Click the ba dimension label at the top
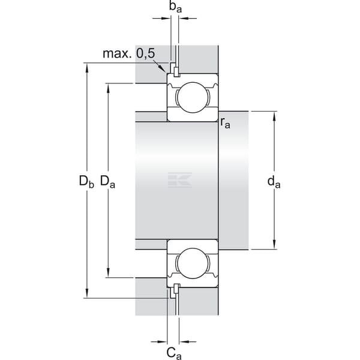pyautogui.click(x=175, y=7)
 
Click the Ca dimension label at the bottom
pyautogui.click(x=174, y=353)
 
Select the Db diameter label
pyautogui.click(x=86, y=181)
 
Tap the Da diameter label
pyautogui.click(x=107, y=181)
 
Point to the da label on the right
pyautogui.click(x=274, y=182)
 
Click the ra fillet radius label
pyautogui.click(x=225, y=123)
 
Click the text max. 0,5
pyautogui.click(x=129, y=53)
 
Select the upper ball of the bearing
pyautogui.click(x=193, y=97)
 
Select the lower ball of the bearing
pyautogui.click(x=193, y=263)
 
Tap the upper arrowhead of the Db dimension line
pyautogui.click(x=87, y=68)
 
